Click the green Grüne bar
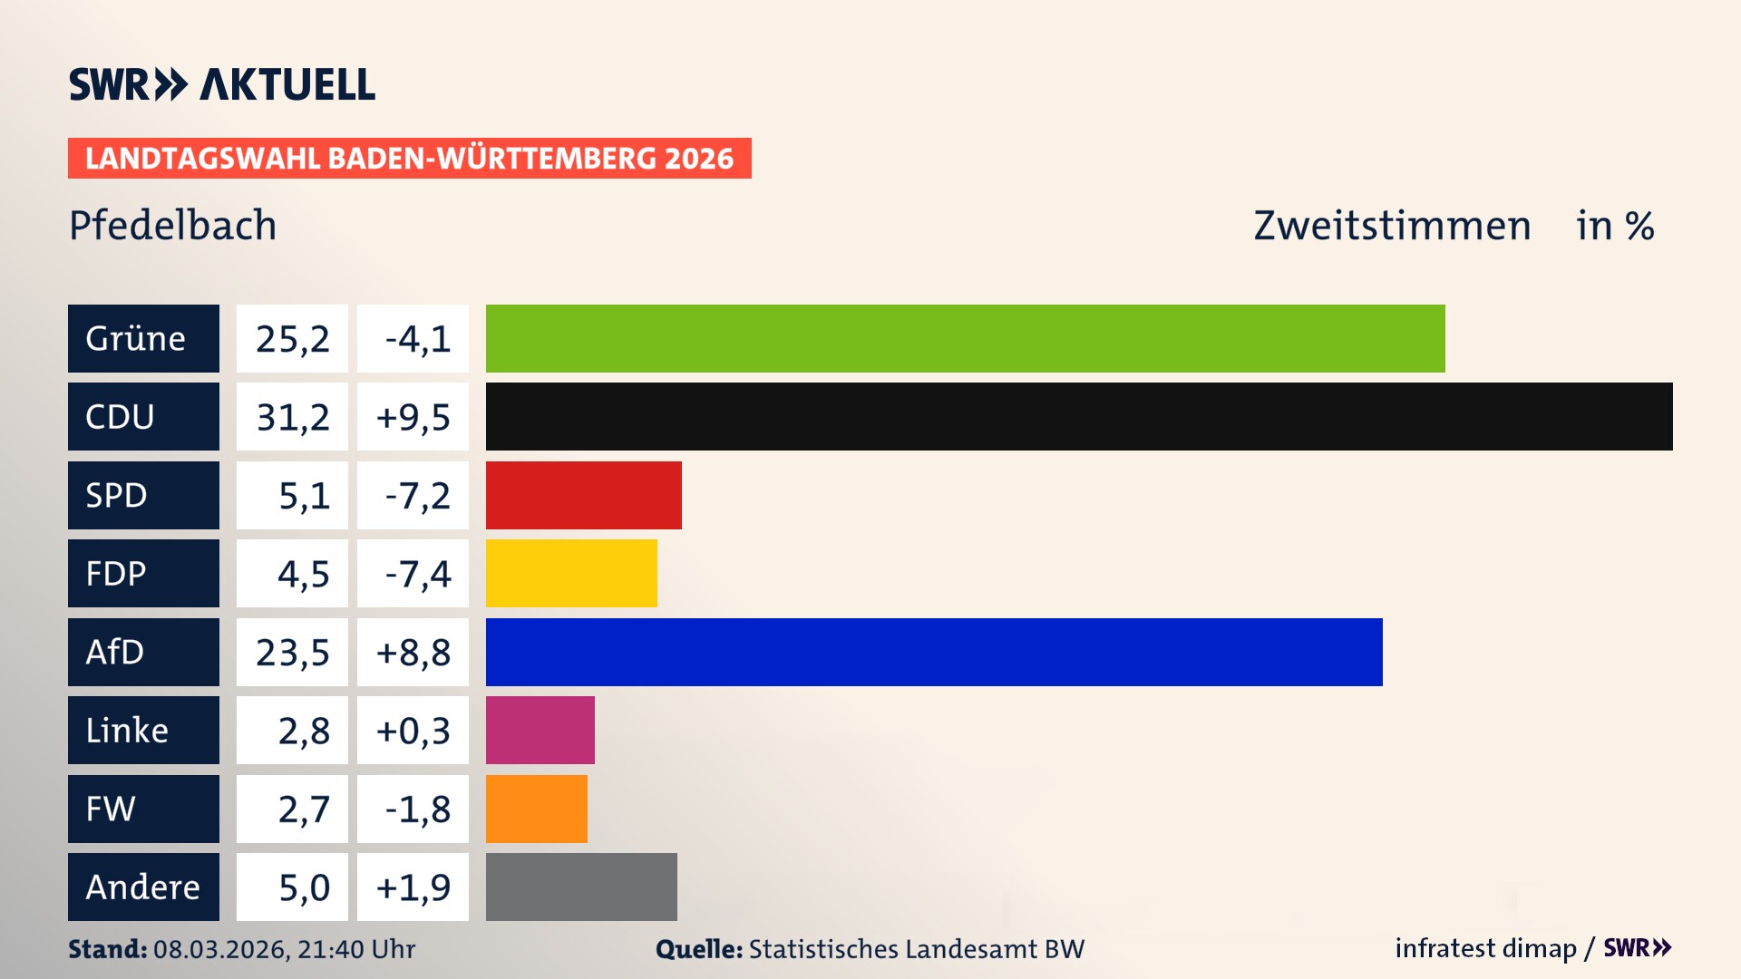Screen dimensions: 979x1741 [965, 338]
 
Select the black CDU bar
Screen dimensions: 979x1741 [1079, 417]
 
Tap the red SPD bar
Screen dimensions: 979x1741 [583, 495]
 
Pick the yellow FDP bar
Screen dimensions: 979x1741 [571, 573]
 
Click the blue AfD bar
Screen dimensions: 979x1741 [934, 652]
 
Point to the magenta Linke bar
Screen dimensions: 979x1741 [540, 730]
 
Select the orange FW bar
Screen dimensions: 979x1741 [537, 809]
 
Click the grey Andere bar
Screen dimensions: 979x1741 [581, 887]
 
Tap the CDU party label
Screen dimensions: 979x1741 [143, 417]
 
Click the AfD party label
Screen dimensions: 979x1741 [143, 652]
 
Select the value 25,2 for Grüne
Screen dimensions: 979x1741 [292, 338]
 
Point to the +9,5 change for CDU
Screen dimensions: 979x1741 [413, 417]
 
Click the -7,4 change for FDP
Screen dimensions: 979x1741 [413, 573]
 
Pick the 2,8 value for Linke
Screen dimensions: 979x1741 [292, 730]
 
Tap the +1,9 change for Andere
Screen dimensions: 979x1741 [413, 887]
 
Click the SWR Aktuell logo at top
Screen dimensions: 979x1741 [222, 84]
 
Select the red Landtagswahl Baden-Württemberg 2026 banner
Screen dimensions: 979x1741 [409, 159]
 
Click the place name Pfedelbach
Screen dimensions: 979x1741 [172, 225]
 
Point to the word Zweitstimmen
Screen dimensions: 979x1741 [1392, 225]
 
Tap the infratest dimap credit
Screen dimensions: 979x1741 [1485, 948]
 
